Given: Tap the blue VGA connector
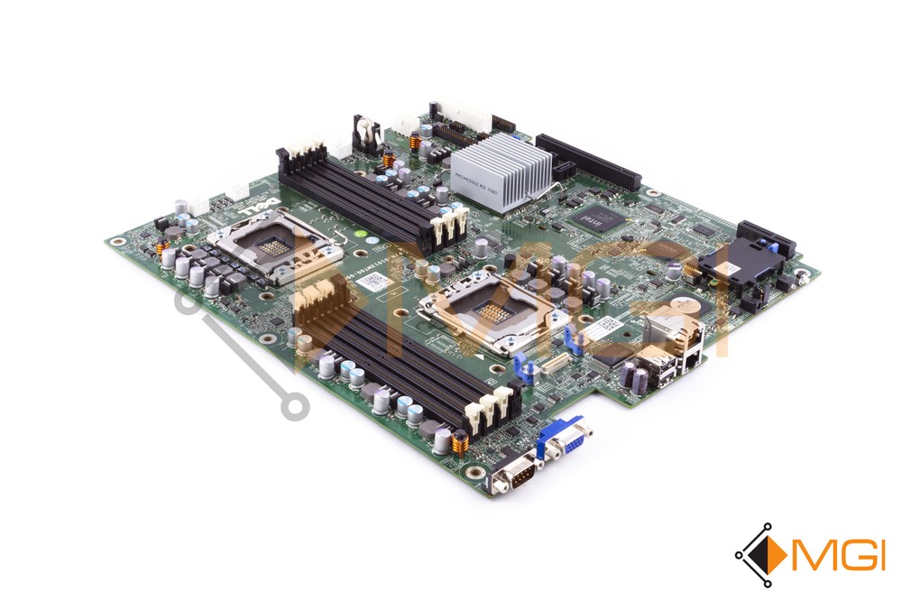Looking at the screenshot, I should pyautogui.click(x=564, y=440).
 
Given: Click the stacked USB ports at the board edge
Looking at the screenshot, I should pyautogui.click(x=656, y=371).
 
